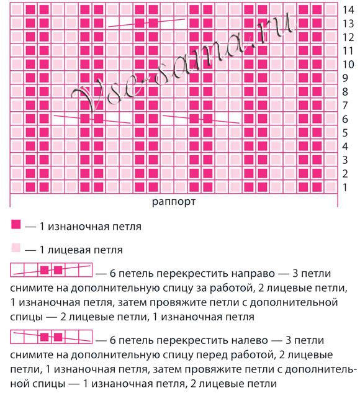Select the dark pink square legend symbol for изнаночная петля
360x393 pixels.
pyautogui.click(x=16, y=226)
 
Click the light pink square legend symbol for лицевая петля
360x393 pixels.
pyautogui.click(x=16, y=250)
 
